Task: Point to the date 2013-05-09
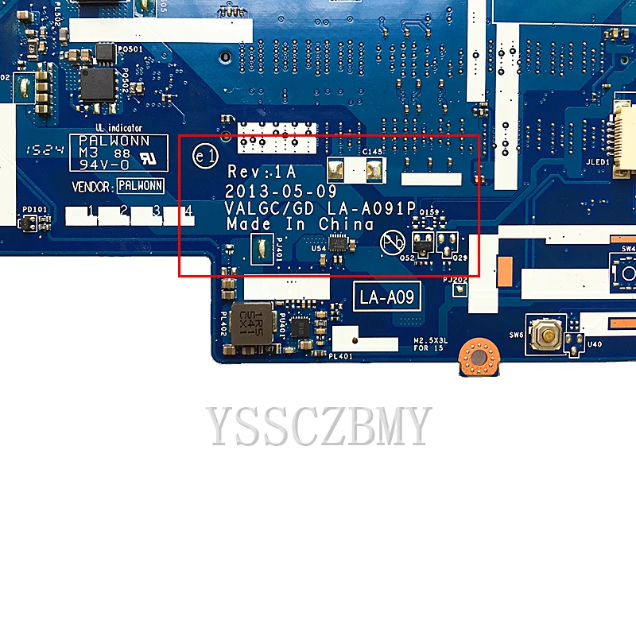click(270, 192)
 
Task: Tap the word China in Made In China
click(346, 224)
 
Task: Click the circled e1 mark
click(206, 157)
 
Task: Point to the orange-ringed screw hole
click(476, 357)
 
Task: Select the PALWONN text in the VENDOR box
click(140, 186)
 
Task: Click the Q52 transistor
click(423, 245)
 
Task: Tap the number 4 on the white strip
click(189, 211)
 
